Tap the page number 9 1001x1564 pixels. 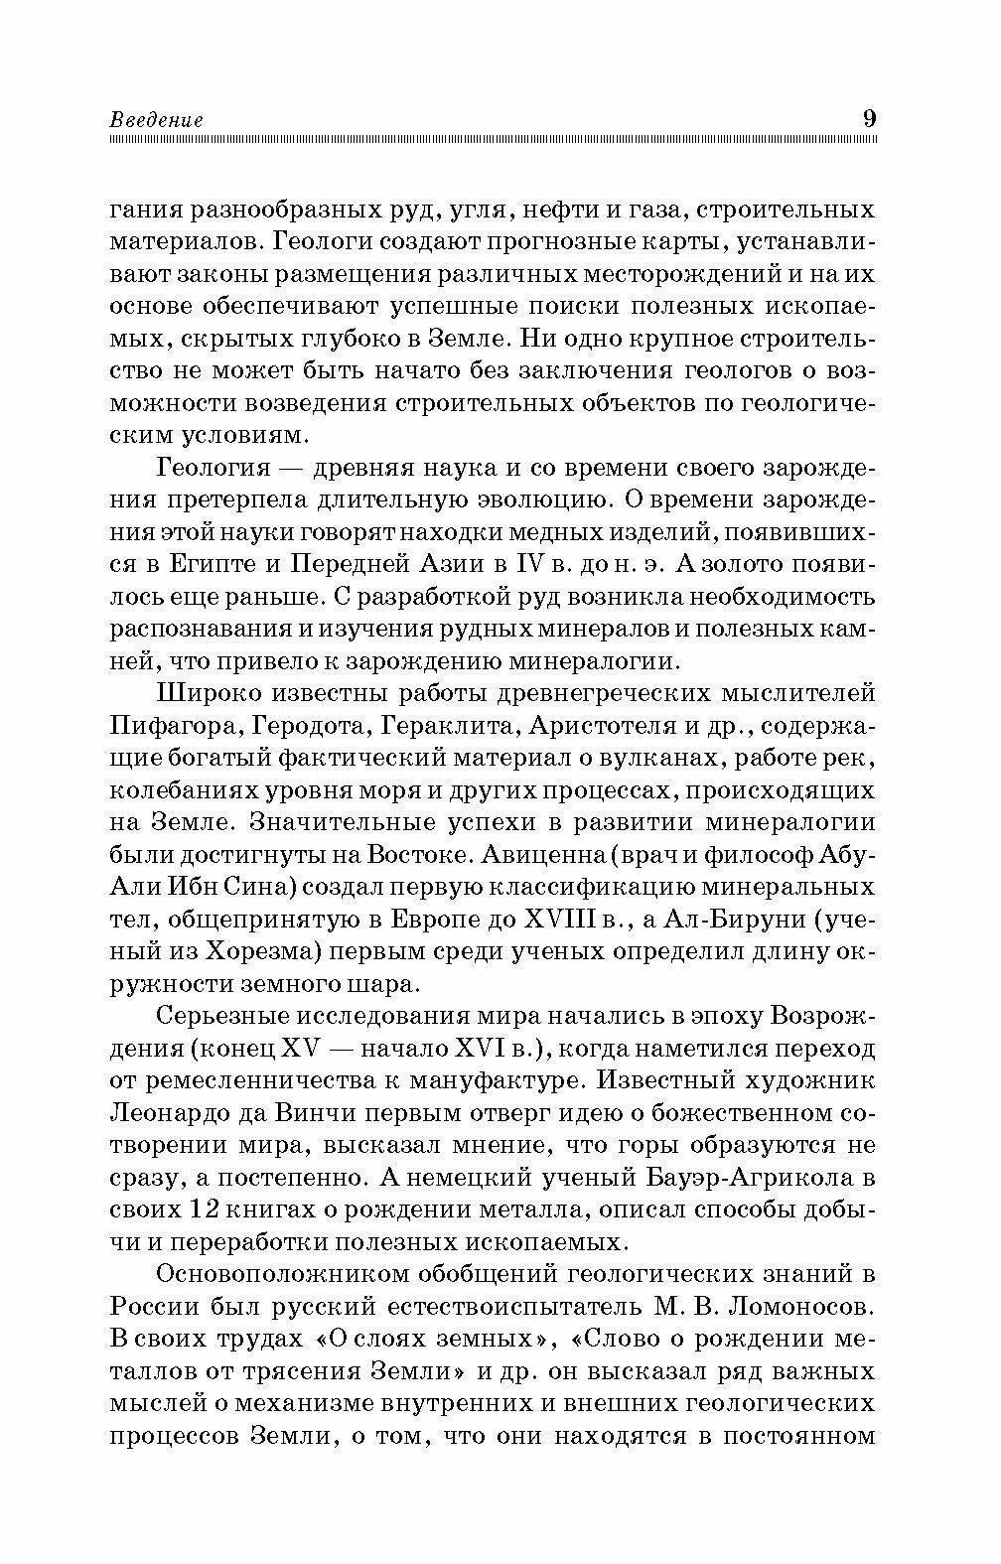(x=869, y=118)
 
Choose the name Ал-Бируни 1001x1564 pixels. (x=736, y=921)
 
